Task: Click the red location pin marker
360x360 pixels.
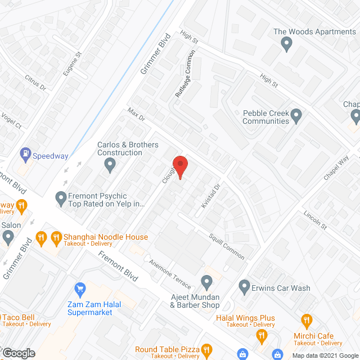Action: pos(180,166)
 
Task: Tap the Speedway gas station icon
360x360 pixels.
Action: pos(25,152)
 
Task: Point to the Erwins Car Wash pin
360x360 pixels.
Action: pos(244,287)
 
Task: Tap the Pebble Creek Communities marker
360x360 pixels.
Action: pos(298,116)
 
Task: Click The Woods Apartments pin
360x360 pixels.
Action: pos(287,43)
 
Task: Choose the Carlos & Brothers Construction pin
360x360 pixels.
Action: pos(110,165)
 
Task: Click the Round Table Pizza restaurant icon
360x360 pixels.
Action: pos(206,351)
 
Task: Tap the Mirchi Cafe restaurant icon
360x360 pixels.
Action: pos(307,322)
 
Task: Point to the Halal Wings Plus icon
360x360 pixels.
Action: pos(262,336)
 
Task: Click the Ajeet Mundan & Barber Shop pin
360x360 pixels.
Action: pos(207,281)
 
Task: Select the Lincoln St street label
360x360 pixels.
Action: pos(315,220)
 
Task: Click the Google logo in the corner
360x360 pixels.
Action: pos(19,353)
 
